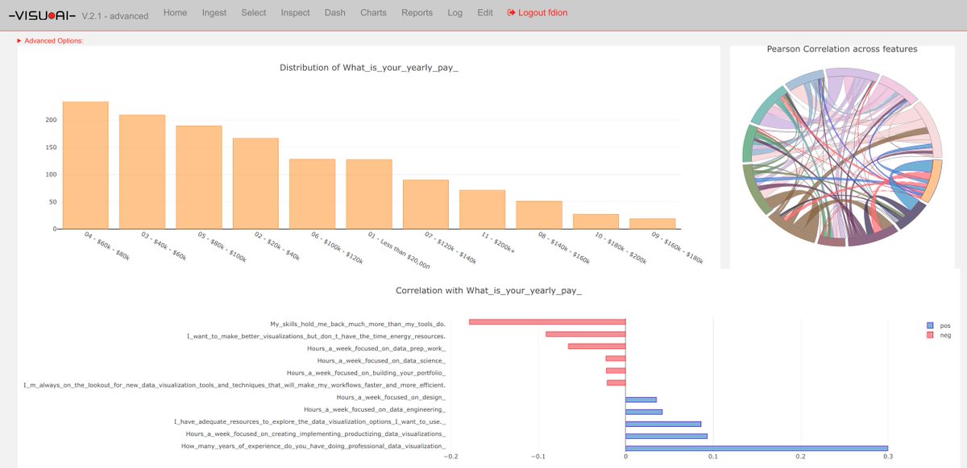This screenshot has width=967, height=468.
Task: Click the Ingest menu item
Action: point(214,13)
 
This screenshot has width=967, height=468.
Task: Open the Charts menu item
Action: point(373,13)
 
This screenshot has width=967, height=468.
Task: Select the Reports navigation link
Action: point(417,13)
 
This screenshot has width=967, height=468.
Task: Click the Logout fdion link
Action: point(537,13)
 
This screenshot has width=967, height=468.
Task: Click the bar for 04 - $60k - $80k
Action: point(85,165)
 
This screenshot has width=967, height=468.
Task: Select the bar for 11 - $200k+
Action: point(482,209)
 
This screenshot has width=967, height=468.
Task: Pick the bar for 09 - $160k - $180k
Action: point(652,223)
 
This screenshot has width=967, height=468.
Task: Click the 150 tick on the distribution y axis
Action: point(51,147)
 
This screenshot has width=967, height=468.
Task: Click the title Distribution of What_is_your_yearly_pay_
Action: point(368,68)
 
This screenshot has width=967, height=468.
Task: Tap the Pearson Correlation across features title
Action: point(841,49)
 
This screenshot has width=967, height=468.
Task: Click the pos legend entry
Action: point(940,325)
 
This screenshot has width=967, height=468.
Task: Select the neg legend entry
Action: point(940,335)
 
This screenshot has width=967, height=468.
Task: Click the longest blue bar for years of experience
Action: point(757,448)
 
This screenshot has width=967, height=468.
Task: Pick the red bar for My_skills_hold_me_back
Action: point(547,323)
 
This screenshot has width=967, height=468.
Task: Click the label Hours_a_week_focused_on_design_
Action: point(391,398)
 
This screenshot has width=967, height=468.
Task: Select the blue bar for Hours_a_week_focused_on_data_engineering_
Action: point(644,411)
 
